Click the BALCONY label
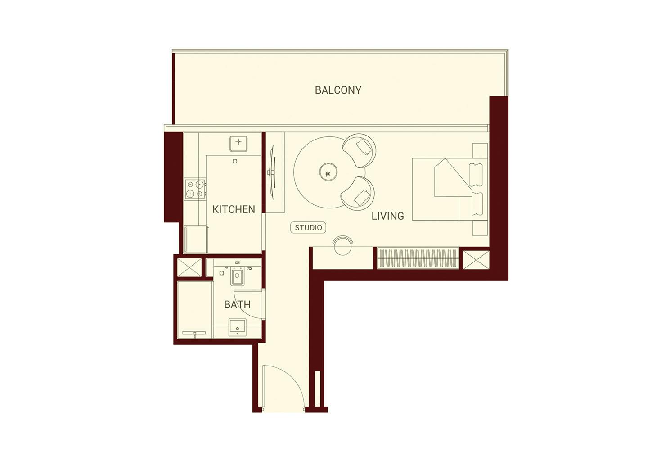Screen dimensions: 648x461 click(x=338, y=90)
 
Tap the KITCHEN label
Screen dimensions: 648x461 click(x=234, y=209)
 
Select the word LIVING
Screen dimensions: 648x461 click(x=387, y=216)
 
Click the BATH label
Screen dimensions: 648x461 click(x=237, y=304)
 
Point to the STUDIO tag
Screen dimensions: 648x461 click(x=308, y=227)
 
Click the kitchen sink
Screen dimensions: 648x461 click(x=238, y=144)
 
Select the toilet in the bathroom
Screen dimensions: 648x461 click(x=237, y=276)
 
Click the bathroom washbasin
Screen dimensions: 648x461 click(x=237, y=327)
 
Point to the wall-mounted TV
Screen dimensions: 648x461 click(x=271, y=172)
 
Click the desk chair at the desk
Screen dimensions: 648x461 click(x=342, y=244)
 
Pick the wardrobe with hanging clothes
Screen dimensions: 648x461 click(x=418, y=258)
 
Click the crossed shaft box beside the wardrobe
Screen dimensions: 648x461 click(x=476, y=260)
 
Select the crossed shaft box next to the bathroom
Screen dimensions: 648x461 click(x=189, y=268)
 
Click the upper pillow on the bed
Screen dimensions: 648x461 click(x=476, y=175)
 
